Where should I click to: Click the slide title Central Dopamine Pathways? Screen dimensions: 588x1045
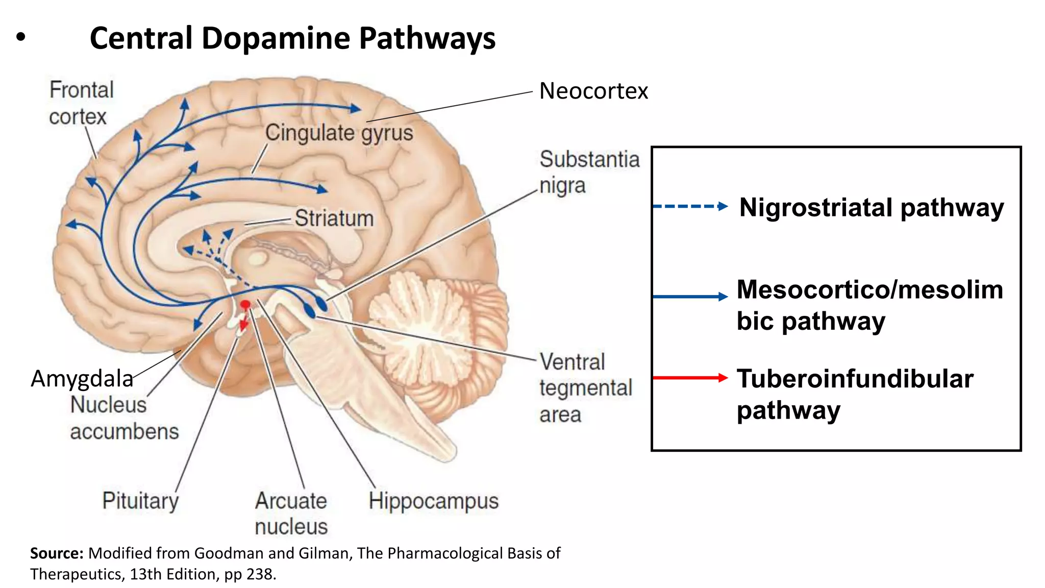coord(292,38)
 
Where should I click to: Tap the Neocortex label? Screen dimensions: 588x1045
coord(593,91)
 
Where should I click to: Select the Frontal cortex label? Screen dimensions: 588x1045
coord(81,103)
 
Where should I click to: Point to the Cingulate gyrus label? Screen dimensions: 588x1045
coord(339,133)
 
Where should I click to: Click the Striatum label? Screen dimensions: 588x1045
coord(334,218)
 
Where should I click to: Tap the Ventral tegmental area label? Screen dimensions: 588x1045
coord(585,388)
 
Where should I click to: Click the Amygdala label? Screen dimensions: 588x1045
coord(82,379)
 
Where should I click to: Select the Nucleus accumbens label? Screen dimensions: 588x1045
coord(124,418)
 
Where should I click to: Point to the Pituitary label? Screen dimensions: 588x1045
coord(140,500)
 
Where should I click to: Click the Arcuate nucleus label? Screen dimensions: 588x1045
coord(291,513)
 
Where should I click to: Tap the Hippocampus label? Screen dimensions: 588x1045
coord(433,501)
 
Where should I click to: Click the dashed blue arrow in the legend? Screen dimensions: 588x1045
coord(690,207)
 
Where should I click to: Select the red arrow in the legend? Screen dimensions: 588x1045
coord(690,378)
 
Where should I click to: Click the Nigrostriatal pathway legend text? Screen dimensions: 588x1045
coord(871,208)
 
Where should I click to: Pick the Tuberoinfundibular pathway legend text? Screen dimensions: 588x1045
coord(855,394)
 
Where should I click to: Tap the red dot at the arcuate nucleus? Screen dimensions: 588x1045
coord(245,305)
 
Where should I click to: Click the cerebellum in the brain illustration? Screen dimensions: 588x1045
coord(434,327)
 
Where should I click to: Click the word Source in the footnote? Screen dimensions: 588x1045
coord(56,553)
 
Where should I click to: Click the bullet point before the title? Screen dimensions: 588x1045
coord(20,37)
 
